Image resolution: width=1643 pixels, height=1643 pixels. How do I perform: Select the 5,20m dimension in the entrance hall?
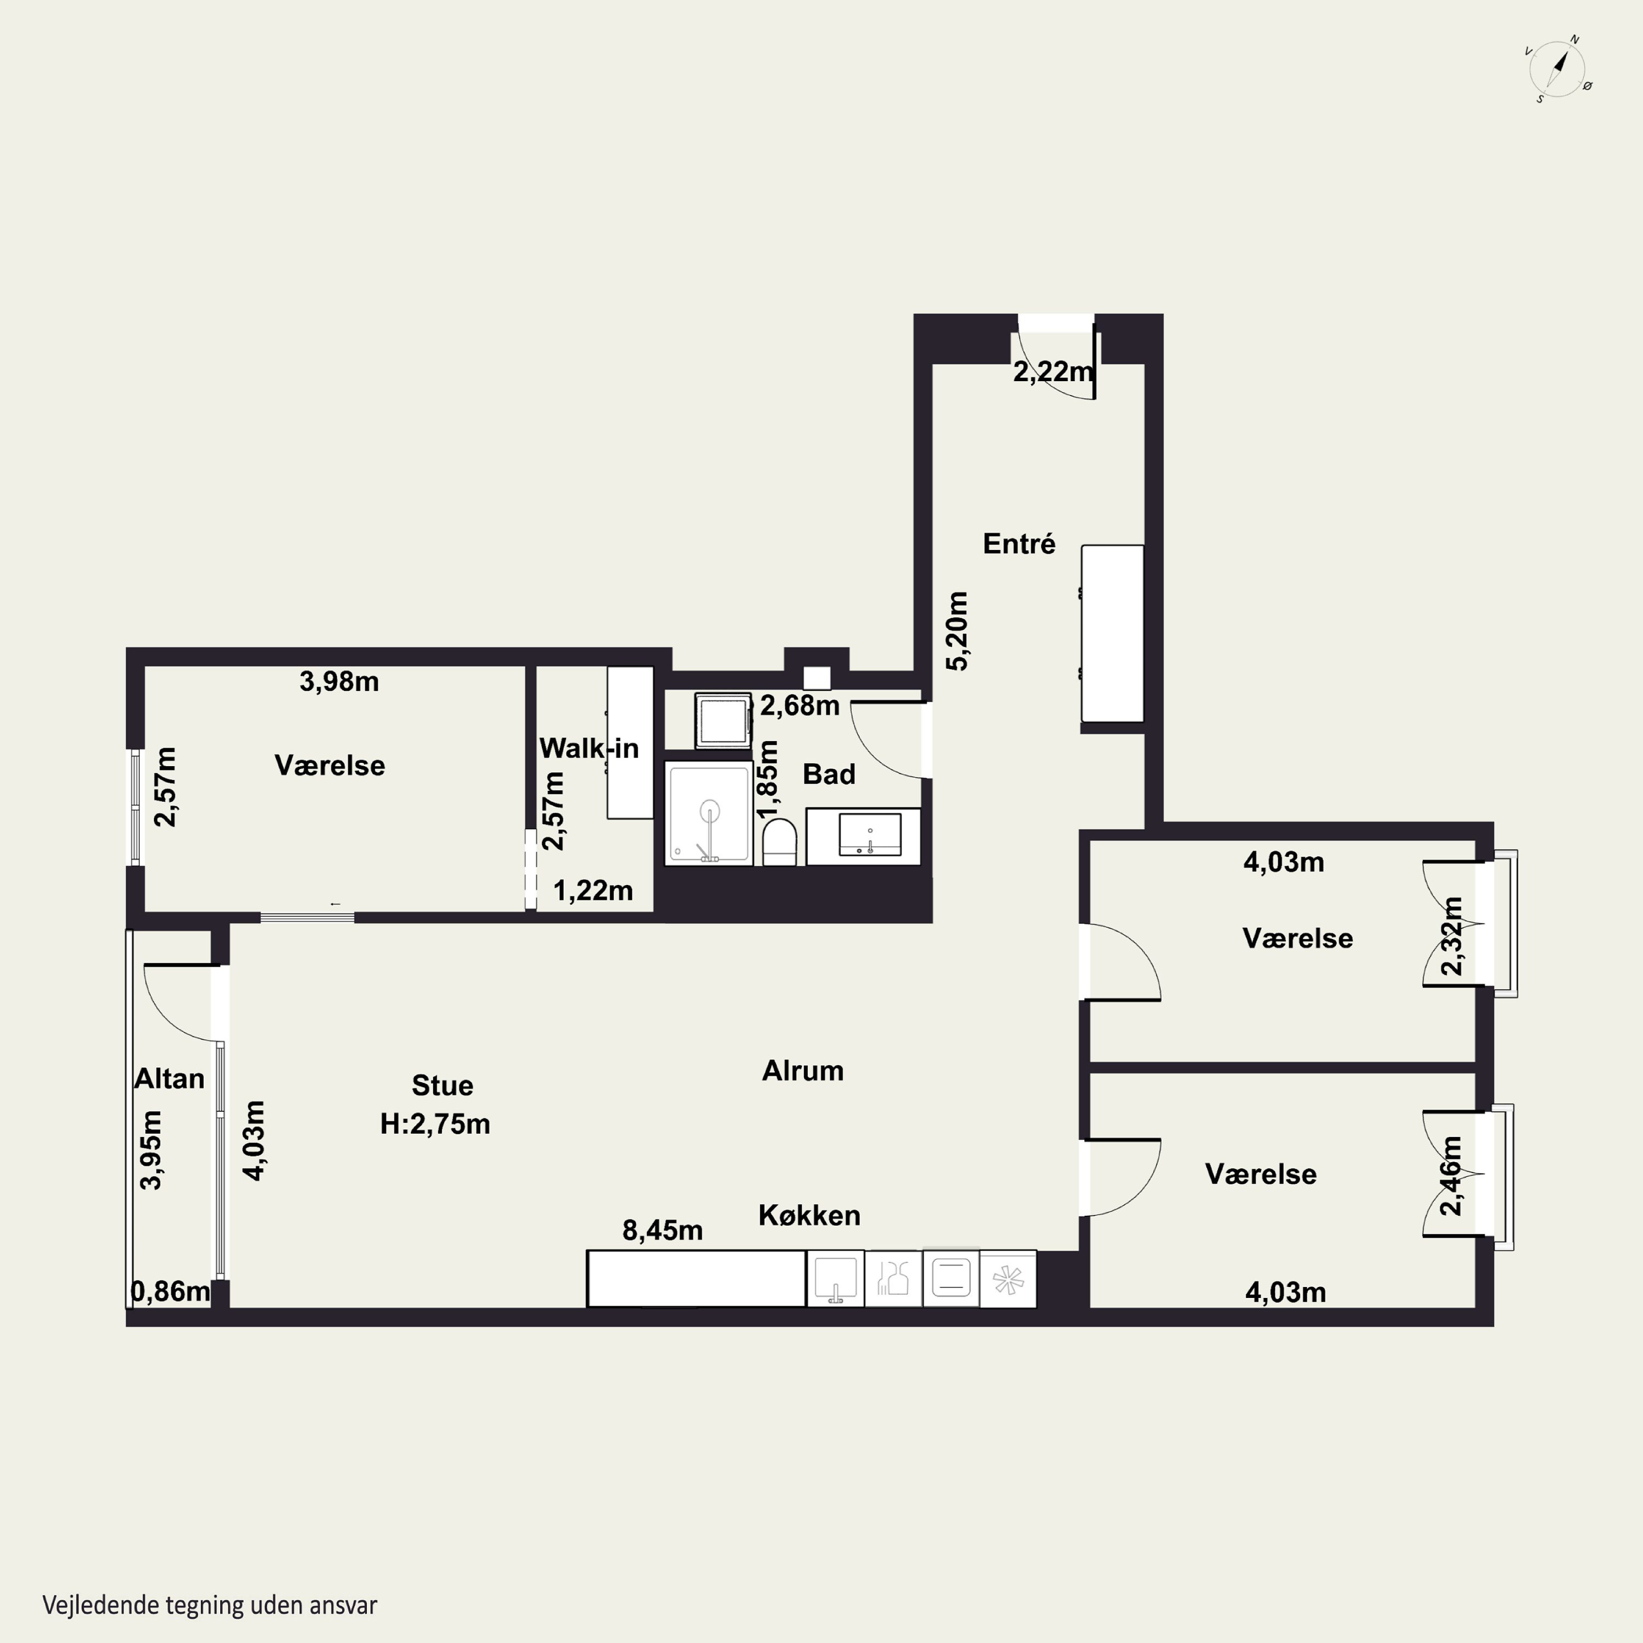pyautogui.click(x=957, y=631)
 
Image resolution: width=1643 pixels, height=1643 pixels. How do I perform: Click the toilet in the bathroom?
pyautogui.click(x=779, y=842)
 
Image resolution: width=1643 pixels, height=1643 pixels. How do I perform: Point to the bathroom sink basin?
pyautogui.click(x=870, y=834)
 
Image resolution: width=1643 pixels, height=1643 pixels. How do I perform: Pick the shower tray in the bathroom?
pyautogui.click(x=708, y=814)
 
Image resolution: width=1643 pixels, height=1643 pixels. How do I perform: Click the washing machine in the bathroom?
pyautogui.click(x=723, y=720)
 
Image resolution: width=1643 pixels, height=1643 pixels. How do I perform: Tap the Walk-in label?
pyautogui.click(x=589, y=748)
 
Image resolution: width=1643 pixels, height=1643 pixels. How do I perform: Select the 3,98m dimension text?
pyautogui.click(x=340, y=681)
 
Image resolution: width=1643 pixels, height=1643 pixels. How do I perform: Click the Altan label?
pyautogui.click(x=169, y=1079)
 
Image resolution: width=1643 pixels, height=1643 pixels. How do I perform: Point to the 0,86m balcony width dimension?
pyautogui.click(x=170, y=1292)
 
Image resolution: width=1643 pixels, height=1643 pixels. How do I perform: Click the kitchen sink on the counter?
pyautogui.click(x=835, y=1278)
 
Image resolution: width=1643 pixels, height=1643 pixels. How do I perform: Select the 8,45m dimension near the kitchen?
pyautogui.click(x=663, y=1231)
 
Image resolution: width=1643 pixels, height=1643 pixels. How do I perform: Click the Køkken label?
pyautogui.click(x=809, y=1216)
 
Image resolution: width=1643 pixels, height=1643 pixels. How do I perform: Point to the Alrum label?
pyautogui.click(x=803, y=1071)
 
